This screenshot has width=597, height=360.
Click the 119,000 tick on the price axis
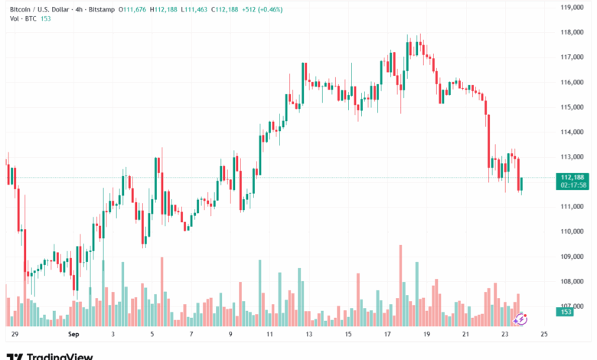(573, 8)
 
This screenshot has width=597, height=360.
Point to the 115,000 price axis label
(573, 106)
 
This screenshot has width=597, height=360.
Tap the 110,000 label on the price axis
(573, 231)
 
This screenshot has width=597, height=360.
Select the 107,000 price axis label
(573, 306)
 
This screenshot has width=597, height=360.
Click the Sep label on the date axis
(73, 335)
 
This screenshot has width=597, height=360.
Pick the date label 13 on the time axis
(308, 335)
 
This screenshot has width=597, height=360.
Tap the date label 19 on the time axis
(426, 335)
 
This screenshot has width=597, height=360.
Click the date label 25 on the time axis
(544, 335)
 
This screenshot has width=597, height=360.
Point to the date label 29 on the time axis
(14, 335)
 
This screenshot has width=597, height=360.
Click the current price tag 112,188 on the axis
(573, 177)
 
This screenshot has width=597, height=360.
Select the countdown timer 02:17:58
(573, 185)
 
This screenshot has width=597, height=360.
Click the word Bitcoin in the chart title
(21, 8)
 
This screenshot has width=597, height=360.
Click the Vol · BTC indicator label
(20, 18)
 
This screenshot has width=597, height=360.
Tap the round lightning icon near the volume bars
(520, 319)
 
